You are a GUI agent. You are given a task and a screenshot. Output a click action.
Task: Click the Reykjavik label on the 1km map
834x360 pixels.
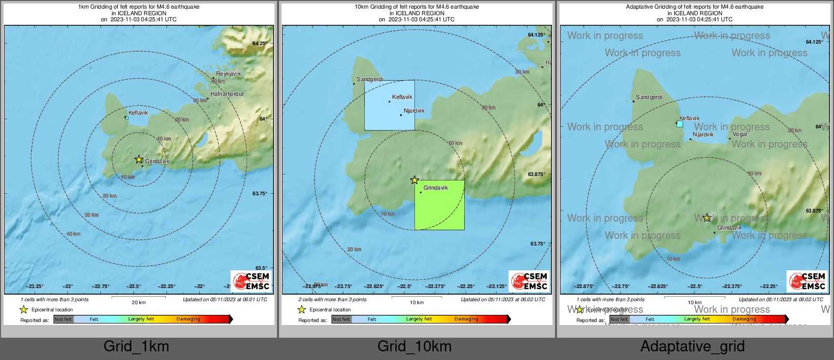tap(228, 74)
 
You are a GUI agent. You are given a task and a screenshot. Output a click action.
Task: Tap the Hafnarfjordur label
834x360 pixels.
tap(227, 94)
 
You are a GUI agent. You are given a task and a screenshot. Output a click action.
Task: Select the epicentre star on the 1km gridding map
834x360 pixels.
tap(139, 159)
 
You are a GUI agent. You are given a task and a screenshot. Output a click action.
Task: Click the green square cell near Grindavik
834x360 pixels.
tap(439, 205)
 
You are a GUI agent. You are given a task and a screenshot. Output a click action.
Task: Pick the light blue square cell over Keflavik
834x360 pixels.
tap(390, 105)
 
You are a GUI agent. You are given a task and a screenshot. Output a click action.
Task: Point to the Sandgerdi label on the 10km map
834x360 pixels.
tap(370, 79)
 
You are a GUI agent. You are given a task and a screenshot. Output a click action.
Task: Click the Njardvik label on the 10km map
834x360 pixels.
tap(414, 111)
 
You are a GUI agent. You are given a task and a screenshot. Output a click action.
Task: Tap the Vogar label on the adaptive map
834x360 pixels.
tap(740, 134)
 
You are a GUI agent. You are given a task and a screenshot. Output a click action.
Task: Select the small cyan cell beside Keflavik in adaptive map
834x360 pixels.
tap(680, 124)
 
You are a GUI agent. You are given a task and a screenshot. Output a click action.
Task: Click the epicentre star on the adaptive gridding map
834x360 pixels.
tap(707, 218)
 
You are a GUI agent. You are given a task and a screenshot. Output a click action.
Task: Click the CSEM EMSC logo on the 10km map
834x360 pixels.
tap(529, 281)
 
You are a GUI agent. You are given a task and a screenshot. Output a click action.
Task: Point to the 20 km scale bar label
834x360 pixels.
tap(138, 303)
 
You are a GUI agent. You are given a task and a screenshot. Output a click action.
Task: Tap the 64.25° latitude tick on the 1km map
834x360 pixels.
tap(259, 44)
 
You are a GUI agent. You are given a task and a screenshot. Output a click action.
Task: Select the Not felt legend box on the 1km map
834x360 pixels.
tap(63, 319)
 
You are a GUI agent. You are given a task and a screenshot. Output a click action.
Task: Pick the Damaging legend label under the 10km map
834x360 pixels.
tap(466, 319)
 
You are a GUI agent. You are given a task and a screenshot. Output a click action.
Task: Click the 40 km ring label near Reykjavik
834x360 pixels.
tap(218, 81)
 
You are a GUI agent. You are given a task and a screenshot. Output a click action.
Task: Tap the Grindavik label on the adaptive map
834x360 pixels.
tap(729, 228)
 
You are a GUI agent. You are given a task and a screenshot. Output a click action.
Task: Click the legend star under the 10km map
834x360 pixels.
tap(302, 309)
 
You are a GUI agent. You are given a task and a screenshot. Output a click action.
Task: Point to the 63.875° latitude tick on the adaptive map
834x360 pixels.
tap(814, 211)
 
